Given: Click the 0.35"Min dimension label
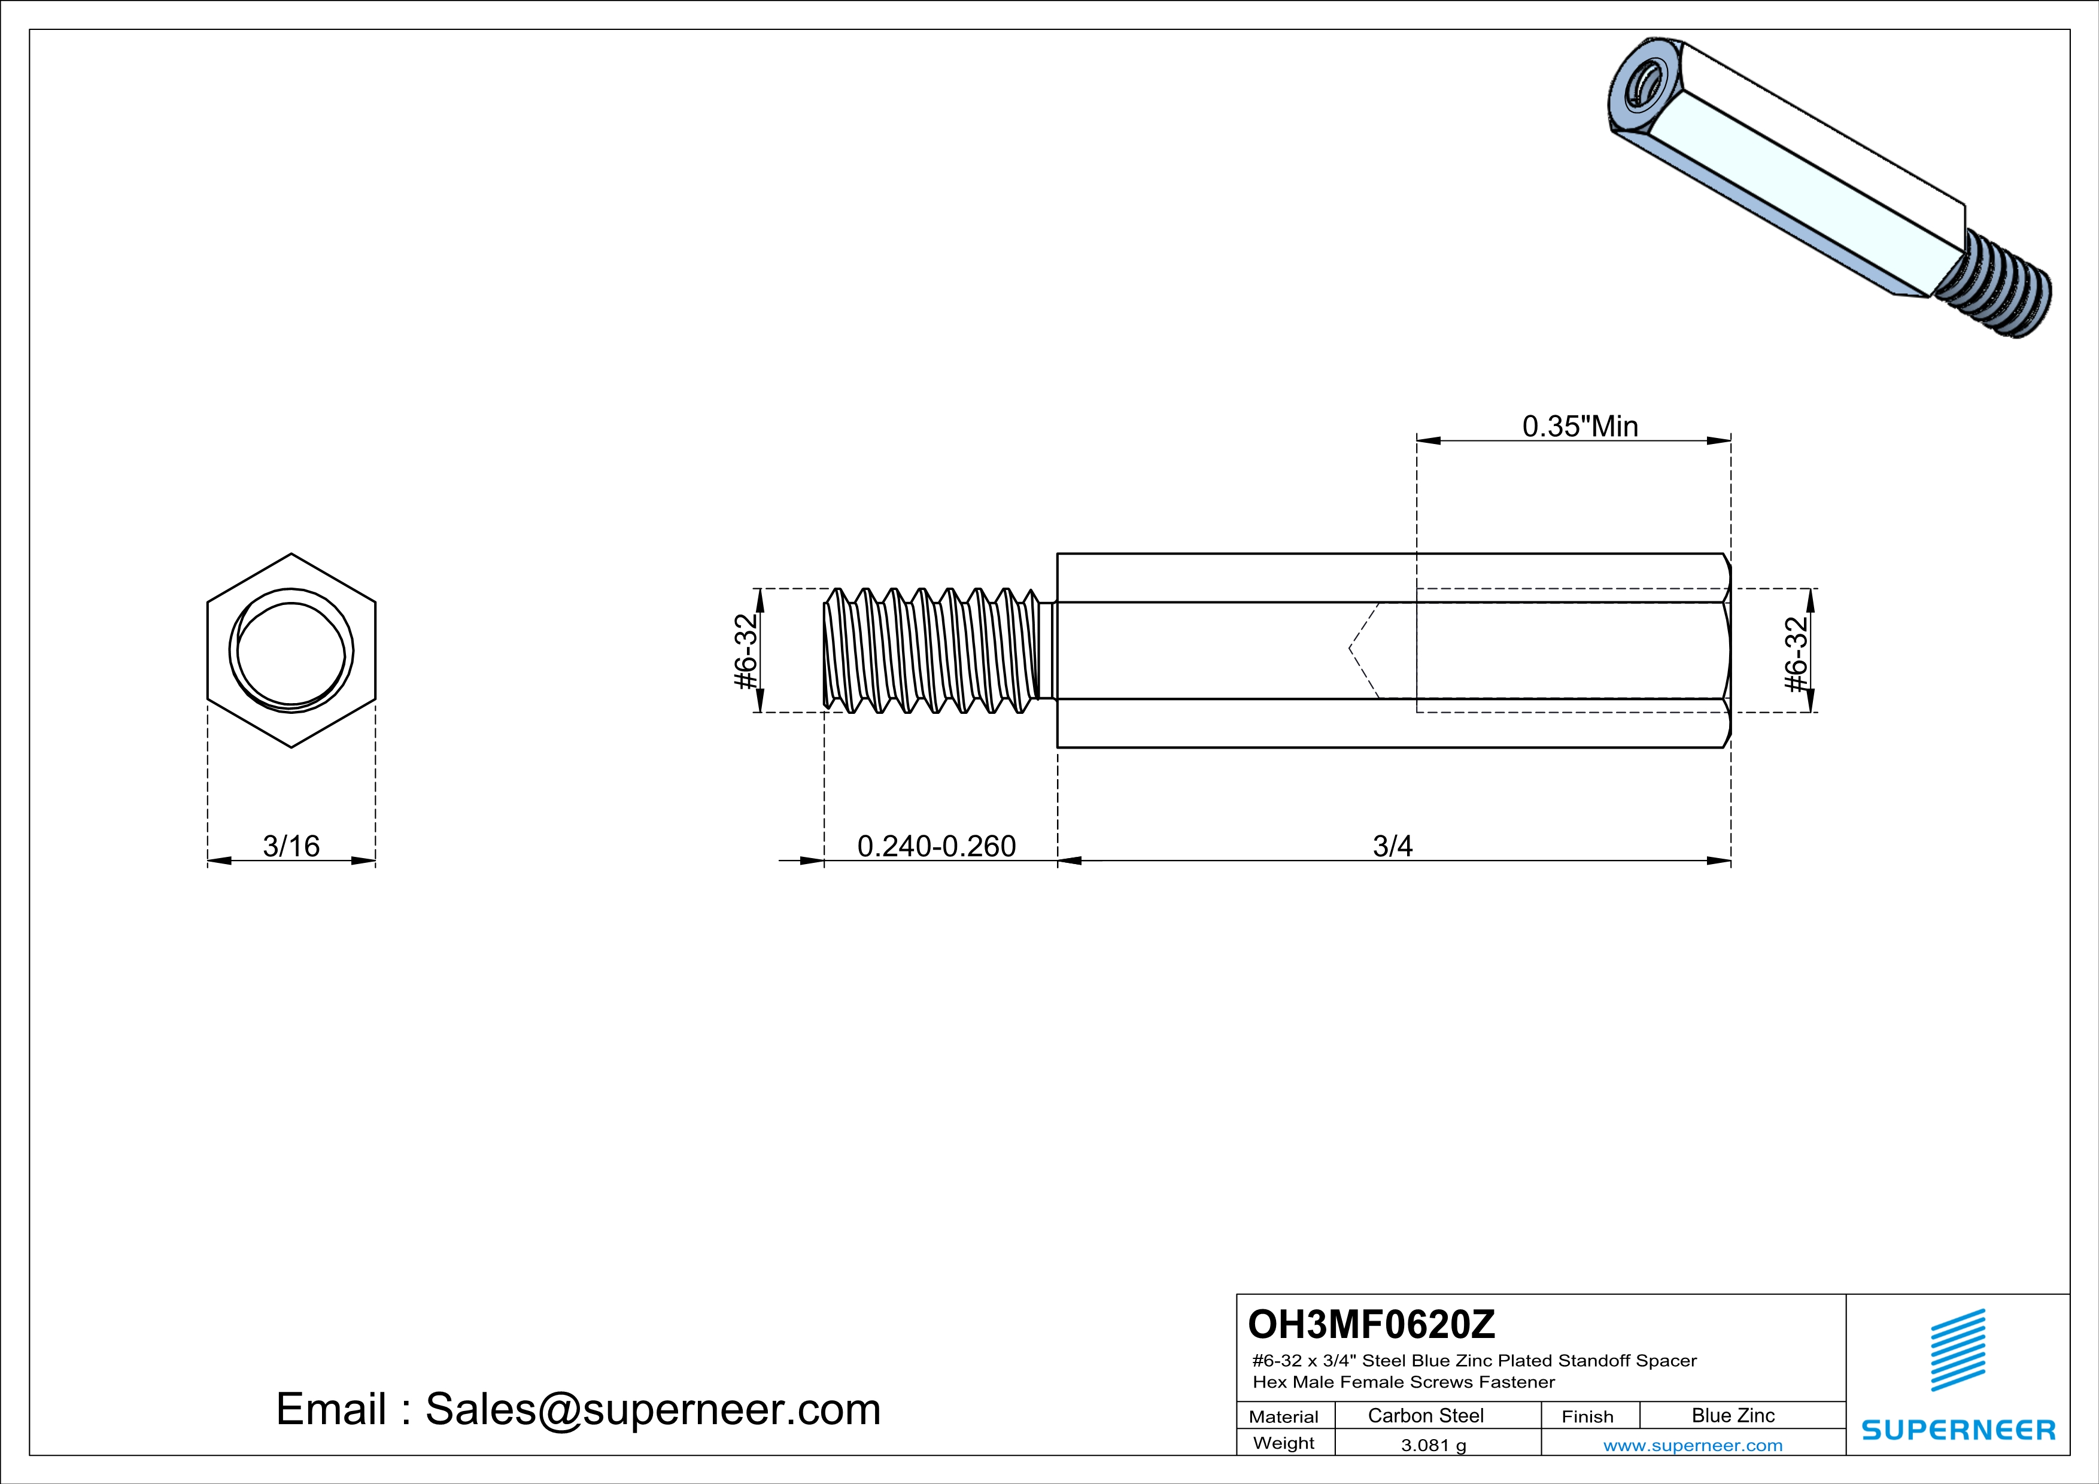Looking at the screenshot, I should (1579, 426).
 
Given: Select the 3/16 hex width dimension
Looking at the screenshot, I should (291, 846).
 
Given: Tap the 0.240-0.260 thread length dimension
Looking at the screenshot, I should (936, 846).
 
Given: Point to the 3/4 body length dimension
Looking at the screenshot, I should (1392, 846).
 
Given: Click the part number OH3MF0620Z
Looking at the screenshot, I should (1371, 1323).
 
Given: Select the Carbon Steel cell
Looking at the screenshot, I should (1425, 1415).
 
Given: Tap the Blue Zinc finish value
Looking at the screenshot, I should (1732, 1415).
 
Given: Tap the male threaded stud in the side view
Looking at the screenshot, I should (932, 650).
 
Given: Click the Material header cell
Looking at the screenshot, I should (1284, 1416).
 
